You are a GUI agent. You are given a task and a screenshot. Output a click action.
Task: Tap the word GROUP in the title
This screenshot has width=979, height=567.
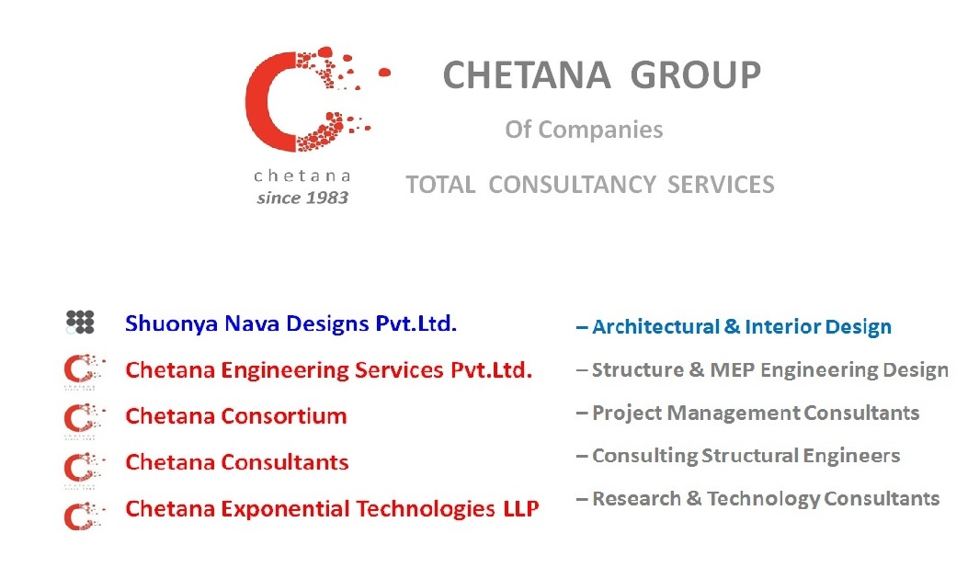pyautogui.click(x=696, y=75)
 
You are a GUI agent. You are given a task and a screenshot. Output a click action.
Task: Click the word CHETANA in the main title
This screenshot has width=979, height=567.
pyautogui.click(x=527, y=75)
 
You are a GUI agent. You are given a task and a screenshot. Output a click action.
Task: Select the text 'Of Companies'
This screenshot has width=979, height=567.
pyautogui.click(x=584, y=130)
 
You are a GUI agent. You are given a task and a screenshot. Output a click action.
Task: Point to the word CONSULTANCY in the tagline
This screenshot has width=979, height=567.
pyautogui.click(x=572, y=185)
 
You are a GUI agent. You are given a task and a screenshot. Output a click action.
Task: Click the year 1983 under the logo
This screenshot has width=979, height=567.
pyautogui.click(x=328, y=198)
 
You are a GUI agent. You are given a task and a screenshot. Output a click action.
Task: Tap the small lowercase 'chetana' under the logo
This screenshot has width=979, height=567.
pyautogui.click(x=302, y=176)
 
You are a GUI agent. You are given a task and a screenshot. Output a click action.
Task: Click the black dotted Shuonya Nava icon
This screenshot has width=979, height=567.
pyautogui.click(x=80, y=323)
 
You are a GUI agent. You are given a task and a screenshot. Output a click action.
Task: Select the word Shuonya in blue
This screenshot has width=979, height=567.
pyautogui.click(x=172, y=324)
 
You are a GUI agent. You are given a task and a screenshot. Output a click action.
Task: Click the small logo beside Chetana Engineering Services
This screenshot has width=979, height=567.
pyautogui.click(x=83, y=371)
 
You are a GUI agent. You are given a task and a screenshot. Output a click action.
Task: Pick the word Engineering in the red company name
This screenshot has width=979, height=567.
pyautogui.click(x=285, y=371)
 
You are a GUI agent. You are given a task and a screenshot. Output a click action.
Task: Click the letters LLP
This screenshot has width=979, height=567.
pyautogui.click(x=521, y=509)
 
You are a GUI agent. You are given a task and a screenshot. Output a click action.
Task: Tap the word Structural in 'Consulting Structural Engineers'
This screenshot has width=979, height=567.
pyautogui.click(x=750, y=456)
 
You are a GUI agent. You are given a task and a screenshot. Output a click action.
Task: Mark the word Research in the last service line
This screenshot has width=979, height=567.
pyautogui.click(x=636, y=499)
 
